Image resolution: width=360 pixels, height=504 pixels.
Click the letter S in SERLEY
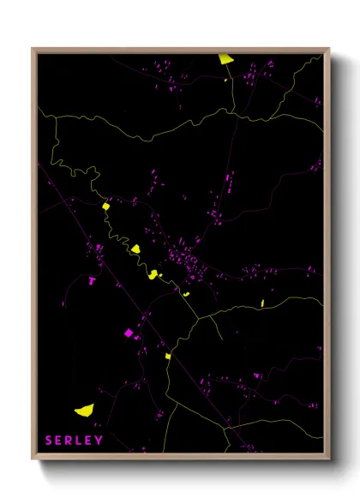49,441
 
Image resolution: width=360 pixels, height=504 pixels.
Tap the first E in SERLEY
59,441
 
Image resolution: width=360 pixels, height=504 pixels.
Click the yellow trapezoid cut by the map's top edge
225,59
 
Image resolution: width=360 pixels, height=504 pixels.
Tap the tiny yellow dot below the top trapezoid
226,80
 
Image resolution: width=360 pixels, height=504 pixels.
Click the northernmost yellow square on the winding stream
105,206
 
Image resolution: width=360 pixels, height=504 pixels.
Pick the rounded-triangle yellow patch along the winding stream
135,249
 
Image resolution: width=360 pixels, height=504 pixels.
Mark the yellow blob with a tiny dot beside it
153,274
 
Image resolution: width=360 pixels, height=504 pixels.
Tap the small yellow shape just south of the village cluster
185,294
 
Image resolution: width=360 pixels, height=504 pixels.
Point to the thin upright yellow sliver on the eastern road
262,303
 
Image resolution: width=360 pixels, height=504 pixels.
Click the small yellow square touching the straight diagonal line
168,355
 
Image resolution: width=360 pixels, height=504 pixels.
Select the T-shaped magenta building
92,279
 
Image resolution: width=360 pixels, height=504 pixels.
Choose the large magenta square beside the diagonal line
129,333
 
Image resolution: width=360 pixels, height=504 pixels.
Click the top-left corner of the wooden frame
33,49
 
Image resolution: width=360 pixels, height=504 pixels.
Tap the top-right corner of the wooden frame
329,49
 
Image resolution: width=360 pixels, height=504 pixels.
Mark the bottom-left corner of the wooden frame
33,460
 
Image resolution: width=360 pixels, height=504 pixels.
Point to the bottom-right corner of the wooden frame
329,460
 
